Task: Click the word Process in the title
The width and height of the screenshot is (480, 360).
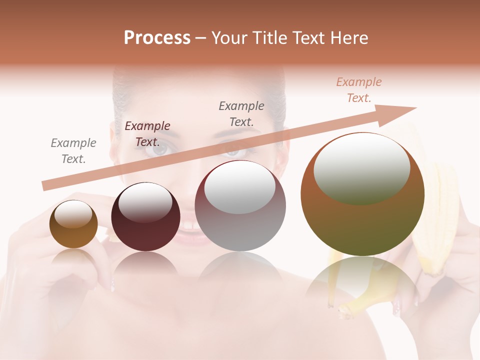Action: (x=157, y=38)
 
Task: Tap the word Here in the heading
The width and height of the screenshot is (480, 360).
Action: (x=347, y=38)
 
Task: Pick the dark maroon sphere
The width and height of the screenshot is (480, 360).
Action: (x=145, y=217)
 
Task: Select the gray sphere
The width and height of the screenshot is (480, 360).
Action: (x=240, y=206)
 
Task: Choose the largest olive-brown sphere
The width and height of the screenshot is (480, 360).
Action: (x=362, y=194)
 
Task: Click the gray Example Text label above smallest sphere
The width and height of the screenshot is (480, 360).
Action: (x=73, y=151)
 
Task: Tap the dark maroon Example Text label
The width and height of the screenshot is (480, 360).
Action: (x=147, y=134)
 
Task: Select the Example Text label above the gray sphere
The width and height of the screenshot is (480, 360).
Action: (x=241, y=114)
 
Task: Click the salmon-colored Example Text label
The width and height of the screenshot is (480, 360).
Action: (x=359, y=90)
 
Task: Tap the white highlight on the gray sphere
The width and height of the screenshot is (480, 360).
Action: (x=240, y=187)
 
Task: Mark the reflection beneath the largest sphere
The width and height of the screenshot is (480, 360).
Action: (x=362, y=285)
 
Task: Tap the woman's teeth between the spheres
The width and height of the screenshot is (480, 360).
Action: (x=189, y=226)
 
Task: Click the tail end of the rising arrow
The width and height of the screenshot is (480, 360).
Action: (x=46, y=186)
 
